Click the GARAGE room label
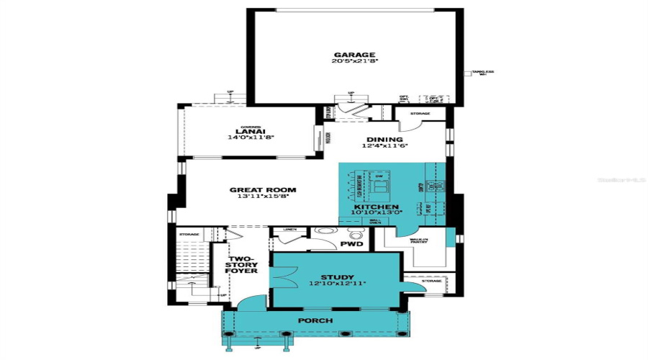tap(354, 54)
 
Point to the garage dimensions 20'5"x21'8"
tap(354, 62)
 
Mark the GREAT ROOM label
tap(263, 190)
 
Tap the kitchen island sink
tap(380, 189)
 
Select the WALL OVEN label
tap(375, 222)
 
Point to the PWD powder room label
tap(351, 244)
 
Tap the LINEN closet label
tap(289, 230)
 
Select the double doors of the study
tap(282, 275)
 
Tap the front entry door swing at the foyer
tap(250, 305)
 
